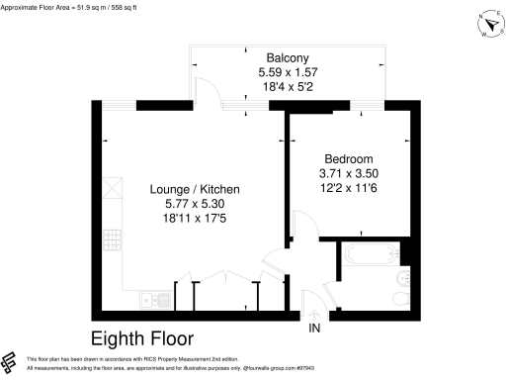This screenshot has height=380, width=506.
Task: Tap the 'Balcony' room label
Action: tap(284, 58)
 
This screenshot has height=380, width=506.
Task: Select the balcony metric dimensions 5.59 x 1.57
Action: tap(284, 73)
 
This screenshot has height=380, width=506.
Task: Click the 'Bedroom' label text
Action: tap(350, 158)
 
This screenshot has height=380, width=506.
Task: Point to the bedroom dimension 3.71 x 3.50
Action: tap(350, 173)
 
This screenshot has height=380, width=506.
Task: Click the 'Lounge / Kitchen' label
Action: tap(195, 189)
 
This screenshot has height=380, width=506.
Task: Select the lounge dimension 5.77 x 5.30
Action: tap(195, 203)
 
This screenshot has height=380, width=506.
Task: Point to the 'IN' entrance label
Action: tap(315, 328)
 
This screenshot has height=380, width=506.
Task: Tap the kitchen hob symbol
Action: tap(114, 188)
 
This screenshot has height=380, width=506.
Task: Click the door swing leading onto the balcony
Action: tap(208, 91)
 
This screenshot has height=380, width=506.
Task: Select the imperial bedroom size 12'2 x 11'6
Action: tap(350, 188)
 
